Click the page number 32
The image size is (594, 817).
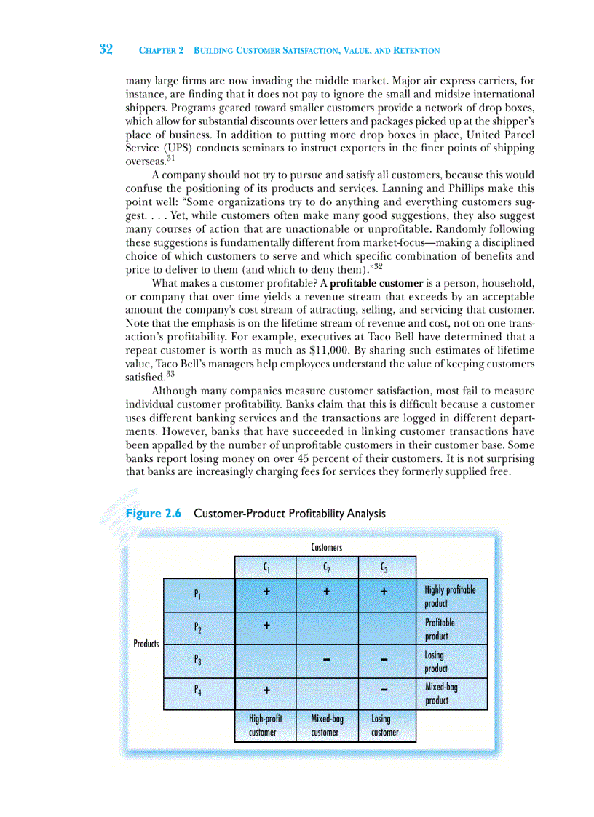click(106, 49)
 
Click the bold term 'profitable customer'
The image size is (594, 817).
click(376, 283)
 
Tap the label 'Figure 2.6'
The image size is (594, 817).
click(153, 513)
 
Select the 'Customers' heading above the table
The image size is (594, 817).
click(326, 547)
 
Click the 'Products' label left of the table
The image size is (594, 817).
click(146, 643)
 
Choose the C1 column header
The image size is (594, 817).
click(266, 567)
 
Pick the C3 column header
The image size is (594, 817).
click(384, 567)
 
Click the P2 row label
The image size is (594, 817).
click(198, 626)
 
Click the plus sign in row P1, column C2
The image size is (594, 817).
click(327, 592)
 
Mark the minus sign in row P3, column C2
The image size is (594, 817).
click(327, 660)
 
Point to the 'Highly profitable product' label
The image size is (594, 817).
click(450, 596)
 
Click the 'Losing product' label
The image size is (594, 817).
click(436, 661)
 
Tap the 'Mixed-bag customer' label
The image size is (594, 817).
click(327, 725)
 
